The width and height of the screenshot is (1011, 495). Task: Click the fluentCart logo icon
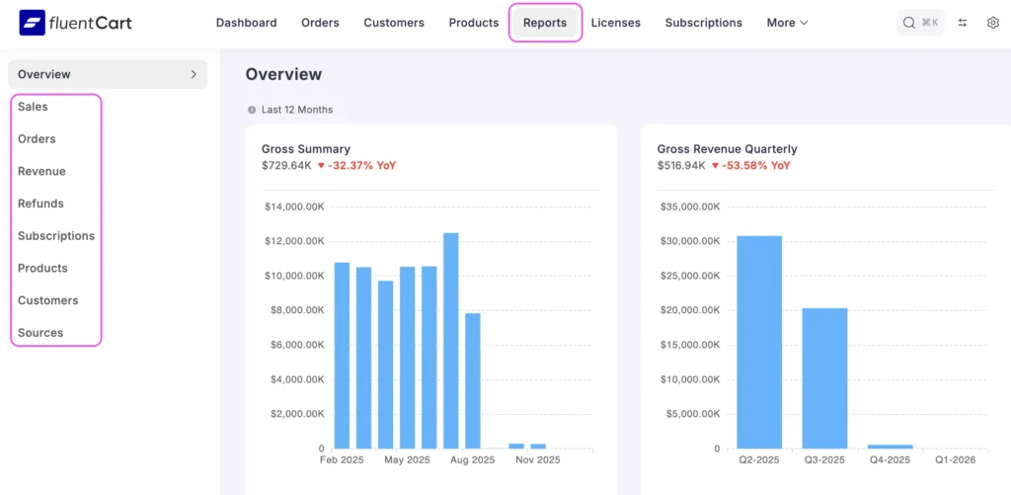32,22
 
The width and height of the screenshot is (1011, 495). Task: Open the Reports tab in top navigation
545,23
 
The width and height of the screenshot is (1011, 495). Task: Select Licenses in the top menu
615,23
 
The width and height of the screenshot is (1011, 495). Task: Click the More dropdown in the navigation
787,23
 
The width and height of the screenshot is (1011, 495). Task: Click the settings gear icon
993,23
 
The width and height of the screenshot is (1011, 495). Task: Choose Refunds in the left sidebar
40,204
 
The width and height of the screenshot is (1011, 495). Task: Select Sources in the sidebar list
40,333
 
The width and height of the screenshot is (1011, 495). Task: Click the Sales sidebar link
33,107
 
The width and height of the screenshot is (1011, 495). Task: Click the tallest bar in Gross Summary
450,341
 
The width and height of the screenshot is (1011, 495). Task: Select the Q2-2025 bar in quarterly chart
759,342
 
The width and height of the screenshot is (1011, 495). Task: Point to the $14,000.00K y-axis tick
294,206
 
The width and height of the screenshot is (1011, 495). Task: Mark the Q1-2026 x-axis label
955,460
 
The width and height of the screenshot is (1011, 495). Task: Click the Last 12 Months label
297,110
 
